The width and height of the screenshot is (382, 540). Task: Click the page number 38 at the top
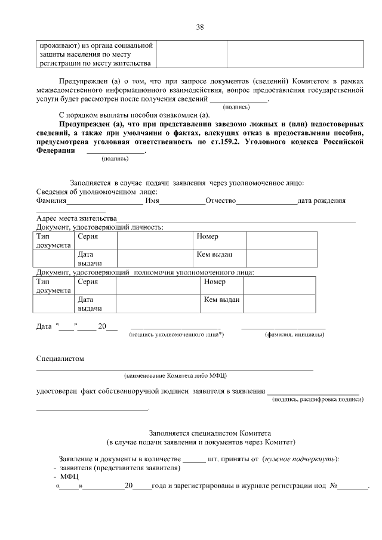click(x=200, y=27)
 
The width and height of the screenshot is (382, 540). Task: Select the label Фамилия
click(x=52, y=201)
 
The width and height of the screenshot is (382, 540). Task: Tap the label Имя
click(x=153, y=201)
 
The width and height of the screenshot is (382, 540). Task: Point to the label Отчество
click(x=220, y=201)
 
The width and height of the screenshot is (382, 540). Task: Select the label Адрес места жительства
click(x=76, y=218)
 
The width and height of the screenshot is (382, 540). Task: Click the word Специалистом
click(x=60, y=359)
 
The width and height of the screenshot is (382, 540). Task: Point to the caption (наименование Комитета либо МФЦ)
click(x=175, y=376)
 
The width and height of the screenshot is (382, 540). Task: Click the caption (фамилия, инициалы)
click(x=294, y=335)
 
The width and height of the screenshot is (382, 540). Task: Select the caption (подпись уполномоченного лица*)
click(x=176, y=335)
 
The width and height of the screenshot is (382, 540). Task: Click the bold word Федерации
click(x=56, y=151)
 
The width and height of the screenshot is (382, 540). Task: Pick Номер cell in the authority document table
click(x=214, y=282)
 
